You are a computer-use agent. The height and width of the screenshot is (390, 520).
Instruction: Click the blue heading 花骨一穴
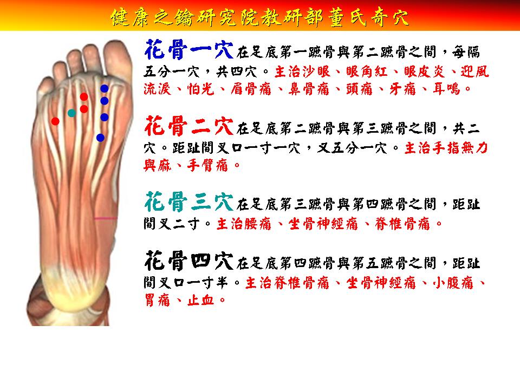(189, 50)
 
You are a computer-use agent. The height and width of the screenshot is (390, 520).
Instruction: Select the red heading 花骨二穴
(189, 126)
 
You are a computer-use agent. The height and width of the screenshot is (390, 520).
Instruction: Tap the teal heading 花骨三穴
(189, 201)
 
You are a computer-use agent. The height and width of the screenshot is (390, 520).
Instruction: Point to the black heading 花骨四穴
(189, 261)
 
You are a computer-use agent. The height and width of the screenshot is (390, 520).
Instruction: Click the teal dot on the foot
(71, 113)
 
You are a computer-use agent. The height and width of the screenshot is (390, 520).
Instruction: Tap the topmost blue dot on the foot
(105, 88)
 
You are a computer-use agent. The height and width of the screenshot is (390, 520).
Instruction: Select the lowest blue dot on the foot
(100, 138)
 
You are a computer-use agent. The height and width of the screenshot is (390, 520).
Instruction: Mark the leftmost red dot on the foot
(55, 121)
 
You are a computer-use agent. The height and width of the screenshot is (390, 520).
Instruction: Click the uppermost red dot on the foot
(84, 97)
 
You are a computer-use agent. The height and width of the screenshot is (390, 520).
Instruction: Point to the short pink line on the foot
(106, 218)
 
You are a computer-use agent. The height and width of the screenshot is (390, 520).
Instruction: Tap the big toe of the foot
(117, 58)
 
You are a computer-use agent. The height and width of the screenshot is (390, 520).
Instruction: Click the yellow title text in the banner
(259, 17)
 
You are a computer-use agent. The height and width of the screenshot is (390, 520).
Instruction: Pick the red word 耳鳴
(447, 89)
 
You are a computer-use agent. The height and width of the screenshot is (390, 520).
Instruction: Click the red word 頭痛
(359, 89)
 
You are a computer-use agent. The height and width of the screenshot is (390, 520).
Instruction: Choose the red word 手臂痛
(207, 165)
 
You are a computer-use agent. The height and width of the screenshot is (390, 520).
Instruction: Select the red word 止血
(200, 301)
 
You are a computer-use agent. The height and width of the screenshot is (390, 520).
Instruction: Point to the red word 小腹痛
(453, 283)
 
